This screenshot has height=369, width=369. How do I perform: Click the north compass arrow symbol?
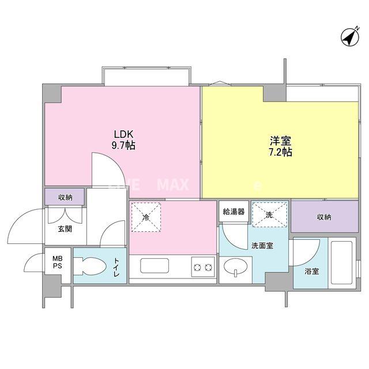coord(348,36)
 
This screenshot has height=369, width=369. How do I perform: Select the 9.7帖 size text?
coord(124,146)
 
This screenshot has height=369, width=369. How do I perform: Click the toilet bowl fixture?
coord(86,266)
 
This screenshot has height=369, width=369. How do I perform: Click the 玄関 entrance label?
coord(64,229)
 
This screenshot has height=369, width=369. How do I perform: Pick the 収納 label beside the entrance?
coord(65,197)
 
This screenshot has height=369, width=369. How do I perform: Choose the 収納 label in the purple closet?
coord(324,217)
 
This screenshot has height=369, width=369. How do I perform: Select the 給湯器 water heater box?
coord(234,212)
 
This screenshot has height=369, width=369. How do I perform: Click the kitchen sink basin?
coord(153,268)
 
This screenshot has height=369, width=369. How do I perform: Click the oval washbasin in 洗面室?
coord(236,269)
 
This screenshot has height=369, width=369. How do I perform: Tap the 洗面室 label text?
coord(262,246)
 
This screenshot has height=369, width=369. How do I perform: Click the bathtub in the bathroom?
coord(342,263)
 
